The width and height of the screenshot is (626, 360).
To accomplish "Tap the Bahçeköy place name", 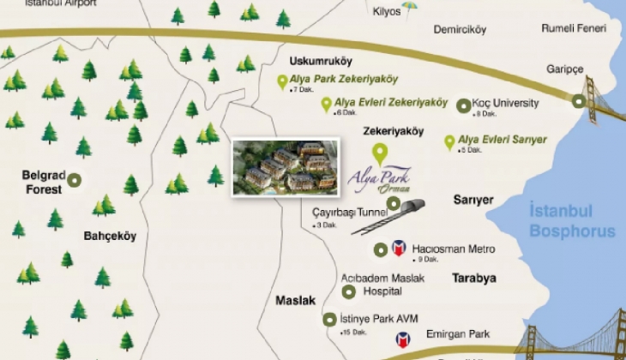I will coord(110,236).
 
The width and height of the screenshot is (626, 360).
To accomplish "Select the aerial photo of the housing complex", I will coord(280,168).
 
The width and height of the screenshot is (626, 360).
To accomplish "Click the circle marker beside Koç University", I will coord(464,105).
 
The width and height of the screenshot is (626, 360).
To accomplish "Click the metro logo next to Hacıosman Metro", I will coord(399,249).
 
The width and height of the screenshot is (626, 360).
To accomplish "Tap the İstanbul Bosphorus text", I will coord(572,220).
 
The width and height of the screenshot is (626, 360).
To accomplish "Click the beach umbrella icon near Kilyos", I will coord(410,8).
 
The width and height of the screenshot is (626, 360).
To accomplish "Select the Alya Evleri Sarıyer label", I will coord(502,139).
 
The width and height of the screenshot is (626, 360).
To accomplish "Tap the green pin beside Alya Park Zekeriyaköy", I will coord(281,82).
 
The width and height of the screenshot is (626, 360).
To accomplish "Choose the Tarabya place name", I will coord(474,279).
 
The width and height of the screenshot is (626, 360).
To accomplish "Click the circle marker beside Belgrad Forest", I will coord(75,180).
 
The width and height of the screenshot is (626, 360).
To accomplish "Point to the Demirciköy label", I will coord(460,29).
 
